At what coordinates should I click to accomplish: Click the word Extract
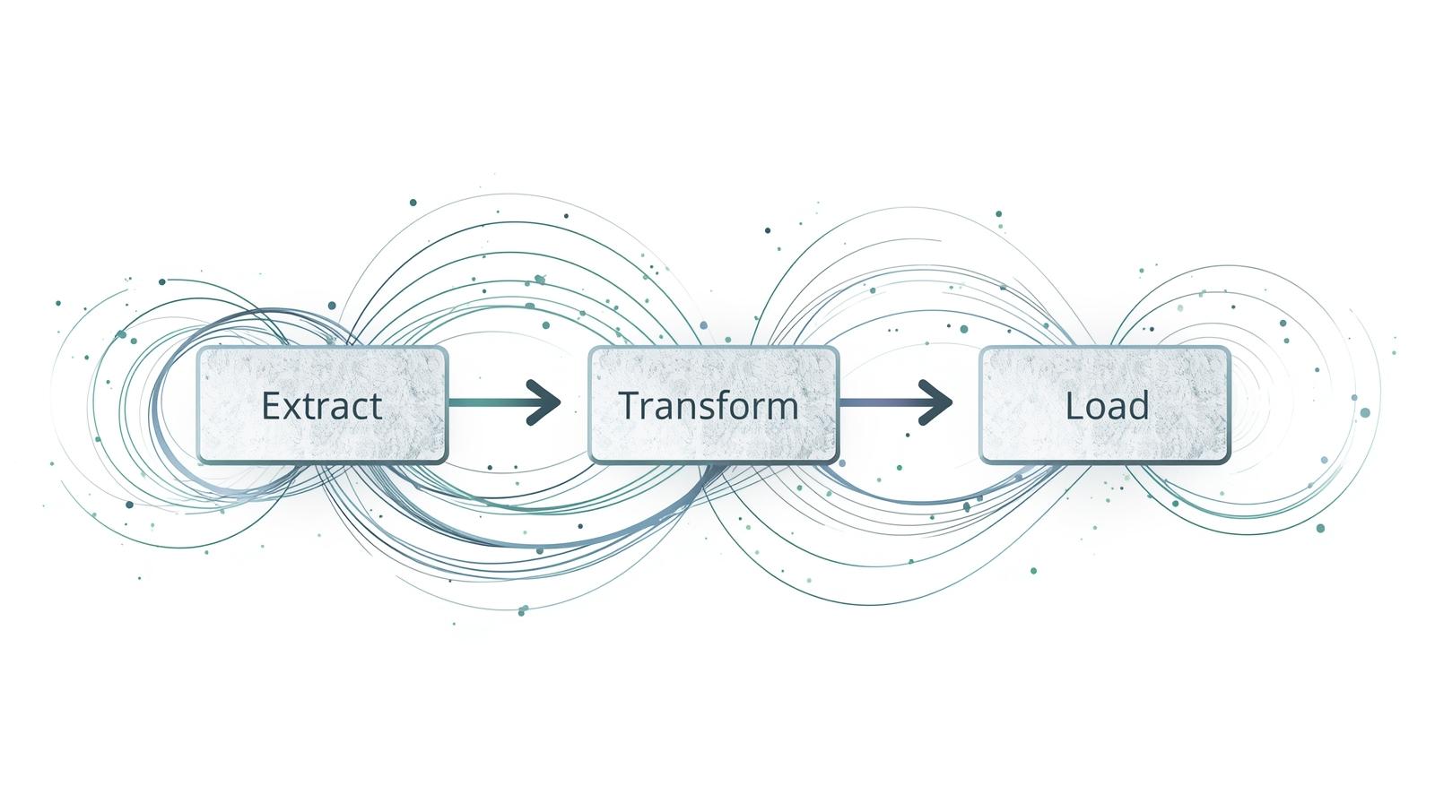(322, 406)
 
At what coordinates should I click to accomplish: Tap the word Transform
(709, 406)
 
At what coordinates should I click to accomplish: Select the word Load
(1107, 406)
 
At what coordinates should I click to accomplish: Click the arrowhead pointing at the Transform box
(544, 401)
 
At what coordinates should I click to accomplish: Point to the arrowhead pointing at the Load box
(935, 401)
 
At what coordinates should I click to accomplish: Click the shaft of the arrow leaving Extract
(489, 401)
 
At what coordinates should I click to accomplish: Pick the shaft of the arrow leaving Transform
(879, 401)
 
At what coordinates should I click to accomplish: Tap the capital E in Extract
(270, 406)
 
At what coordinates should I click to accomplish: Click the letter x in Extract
(291, 408)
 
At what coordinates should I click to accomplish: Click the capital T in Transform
(630, 405)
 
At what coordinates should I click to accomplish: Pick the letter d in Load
(1138, 406)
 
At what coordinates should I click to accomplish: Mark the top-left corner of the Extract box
(199, 350)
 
